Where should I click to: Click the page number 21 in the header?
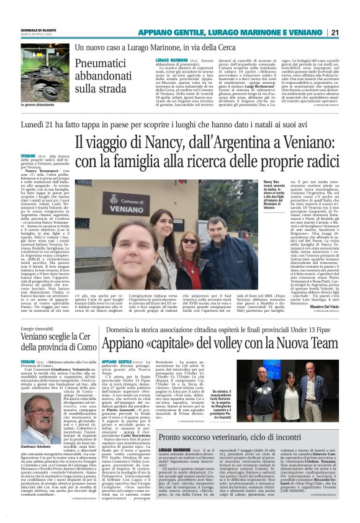(x=351, y=33)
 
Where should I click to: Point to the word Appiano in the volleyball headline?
(x=125, y=343)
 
